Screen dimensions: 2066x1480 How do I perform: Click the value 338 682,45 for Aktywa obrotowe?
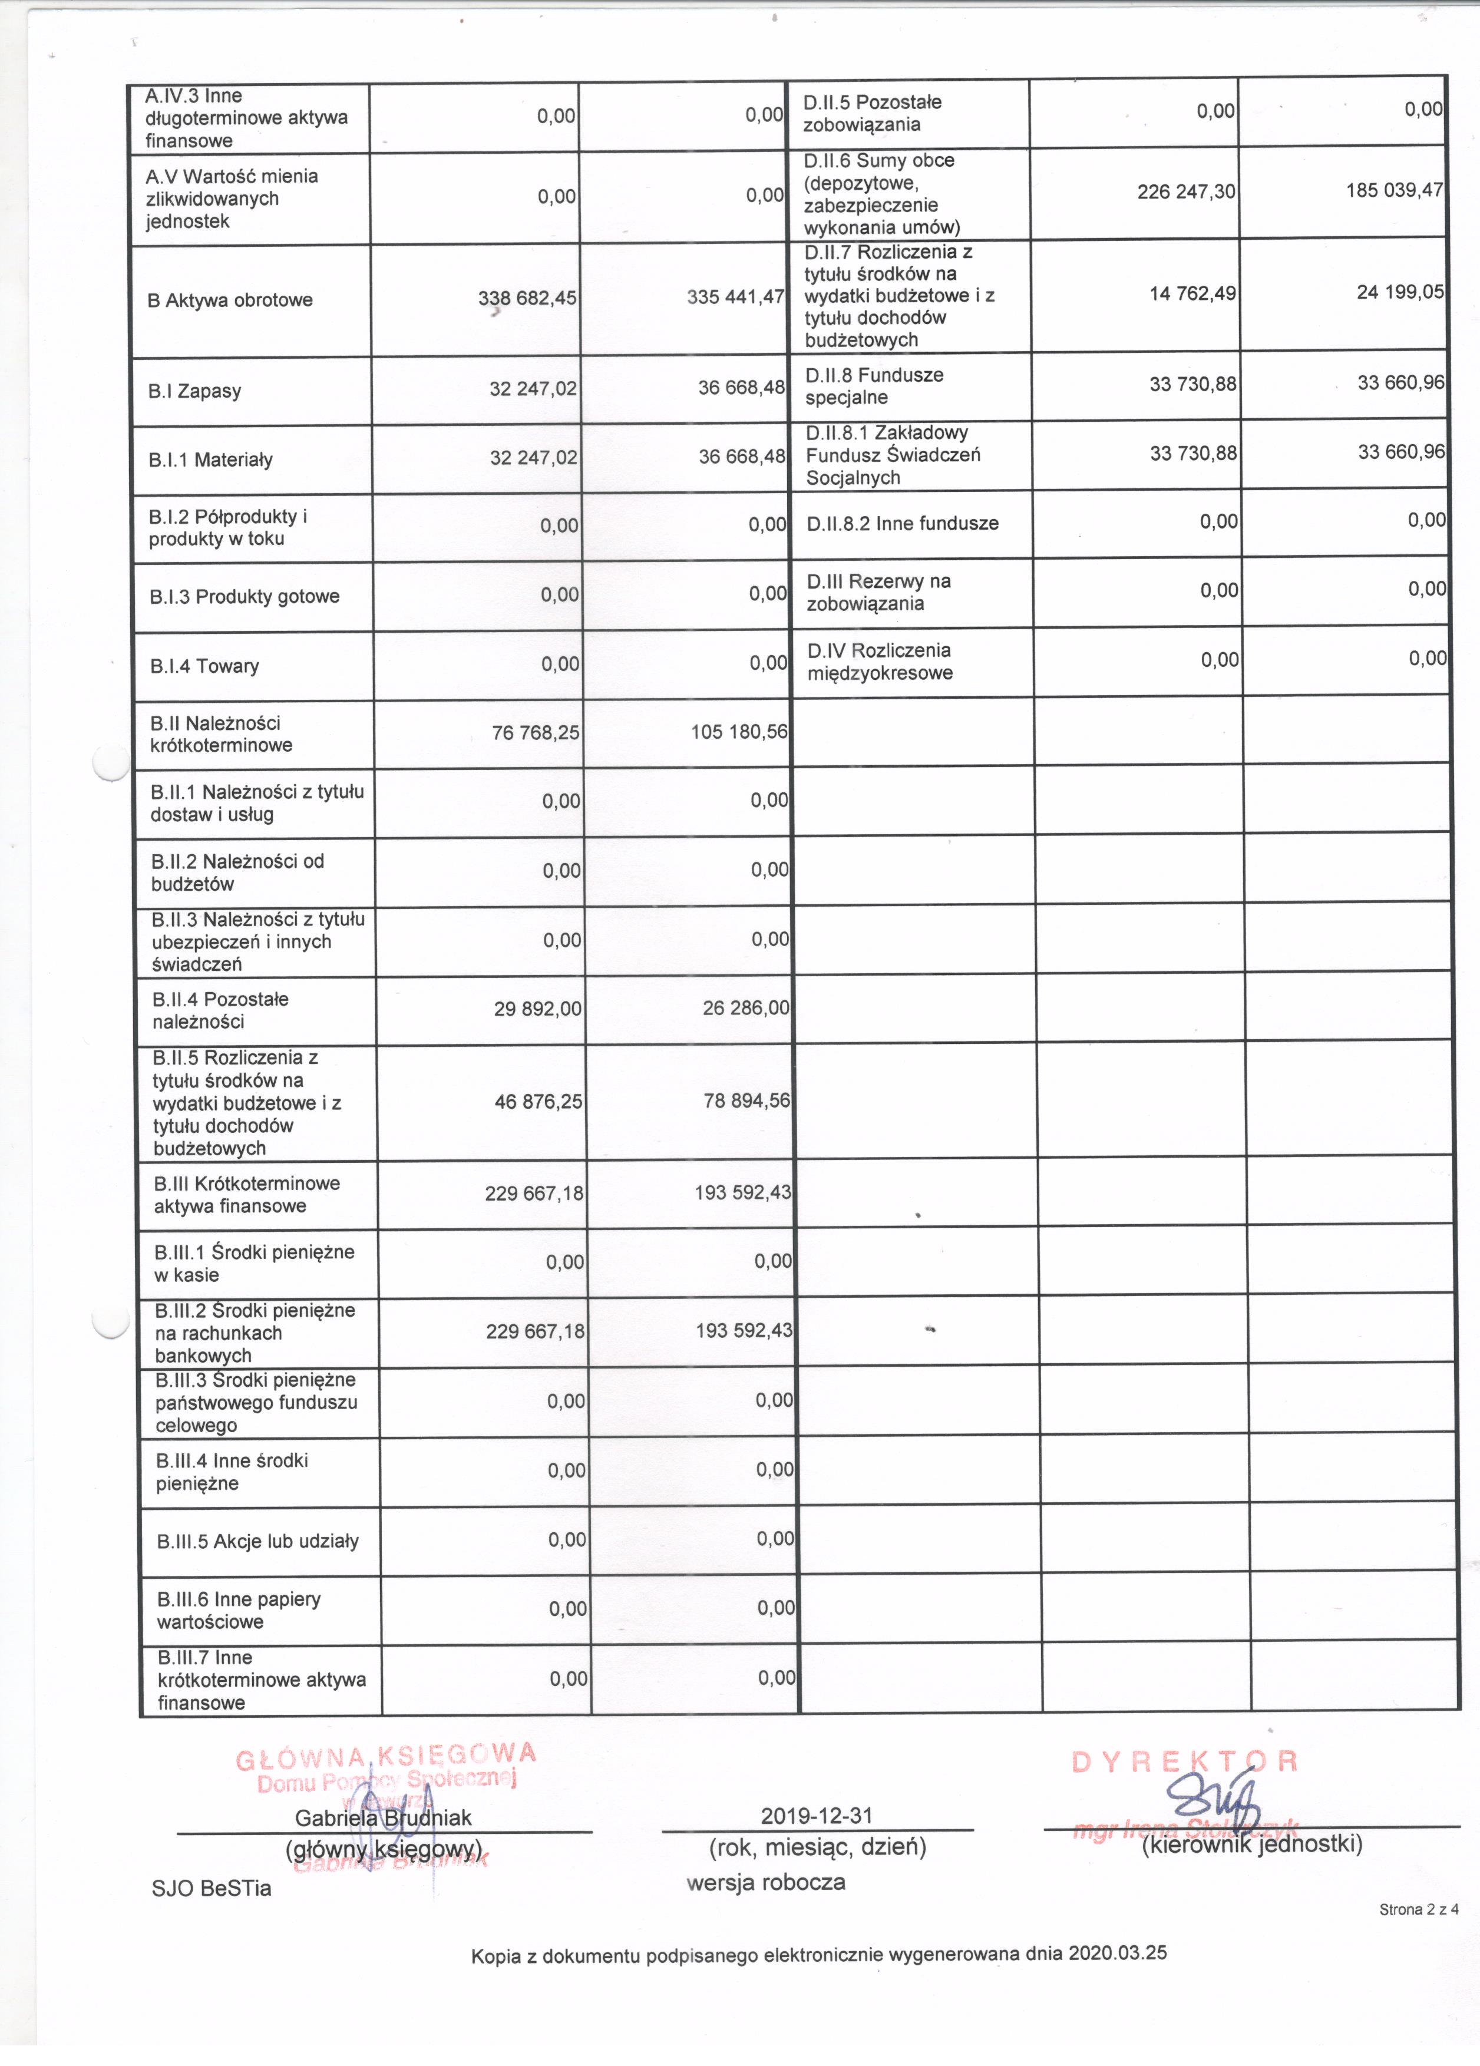527,298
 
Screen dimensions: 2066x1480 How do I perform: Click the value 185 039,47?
1395,190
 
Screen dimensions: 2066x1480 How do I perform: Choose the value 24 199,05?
1400,292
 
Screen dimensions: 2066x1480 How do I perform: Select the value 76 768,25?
536,732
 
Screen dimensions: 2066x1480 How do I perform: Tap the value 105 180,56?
739,732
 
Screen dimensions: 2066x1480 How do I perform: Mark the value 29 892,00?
537,1009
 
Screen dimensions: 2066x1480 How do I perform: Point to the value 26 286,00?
746,1007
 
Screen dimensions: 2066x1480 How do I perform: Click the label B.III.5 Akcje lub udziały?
257,1541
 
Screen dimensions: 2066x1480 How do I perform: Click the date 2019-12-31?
817,1816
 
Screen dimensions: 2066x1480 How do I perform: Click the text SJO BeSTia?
212,1888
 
